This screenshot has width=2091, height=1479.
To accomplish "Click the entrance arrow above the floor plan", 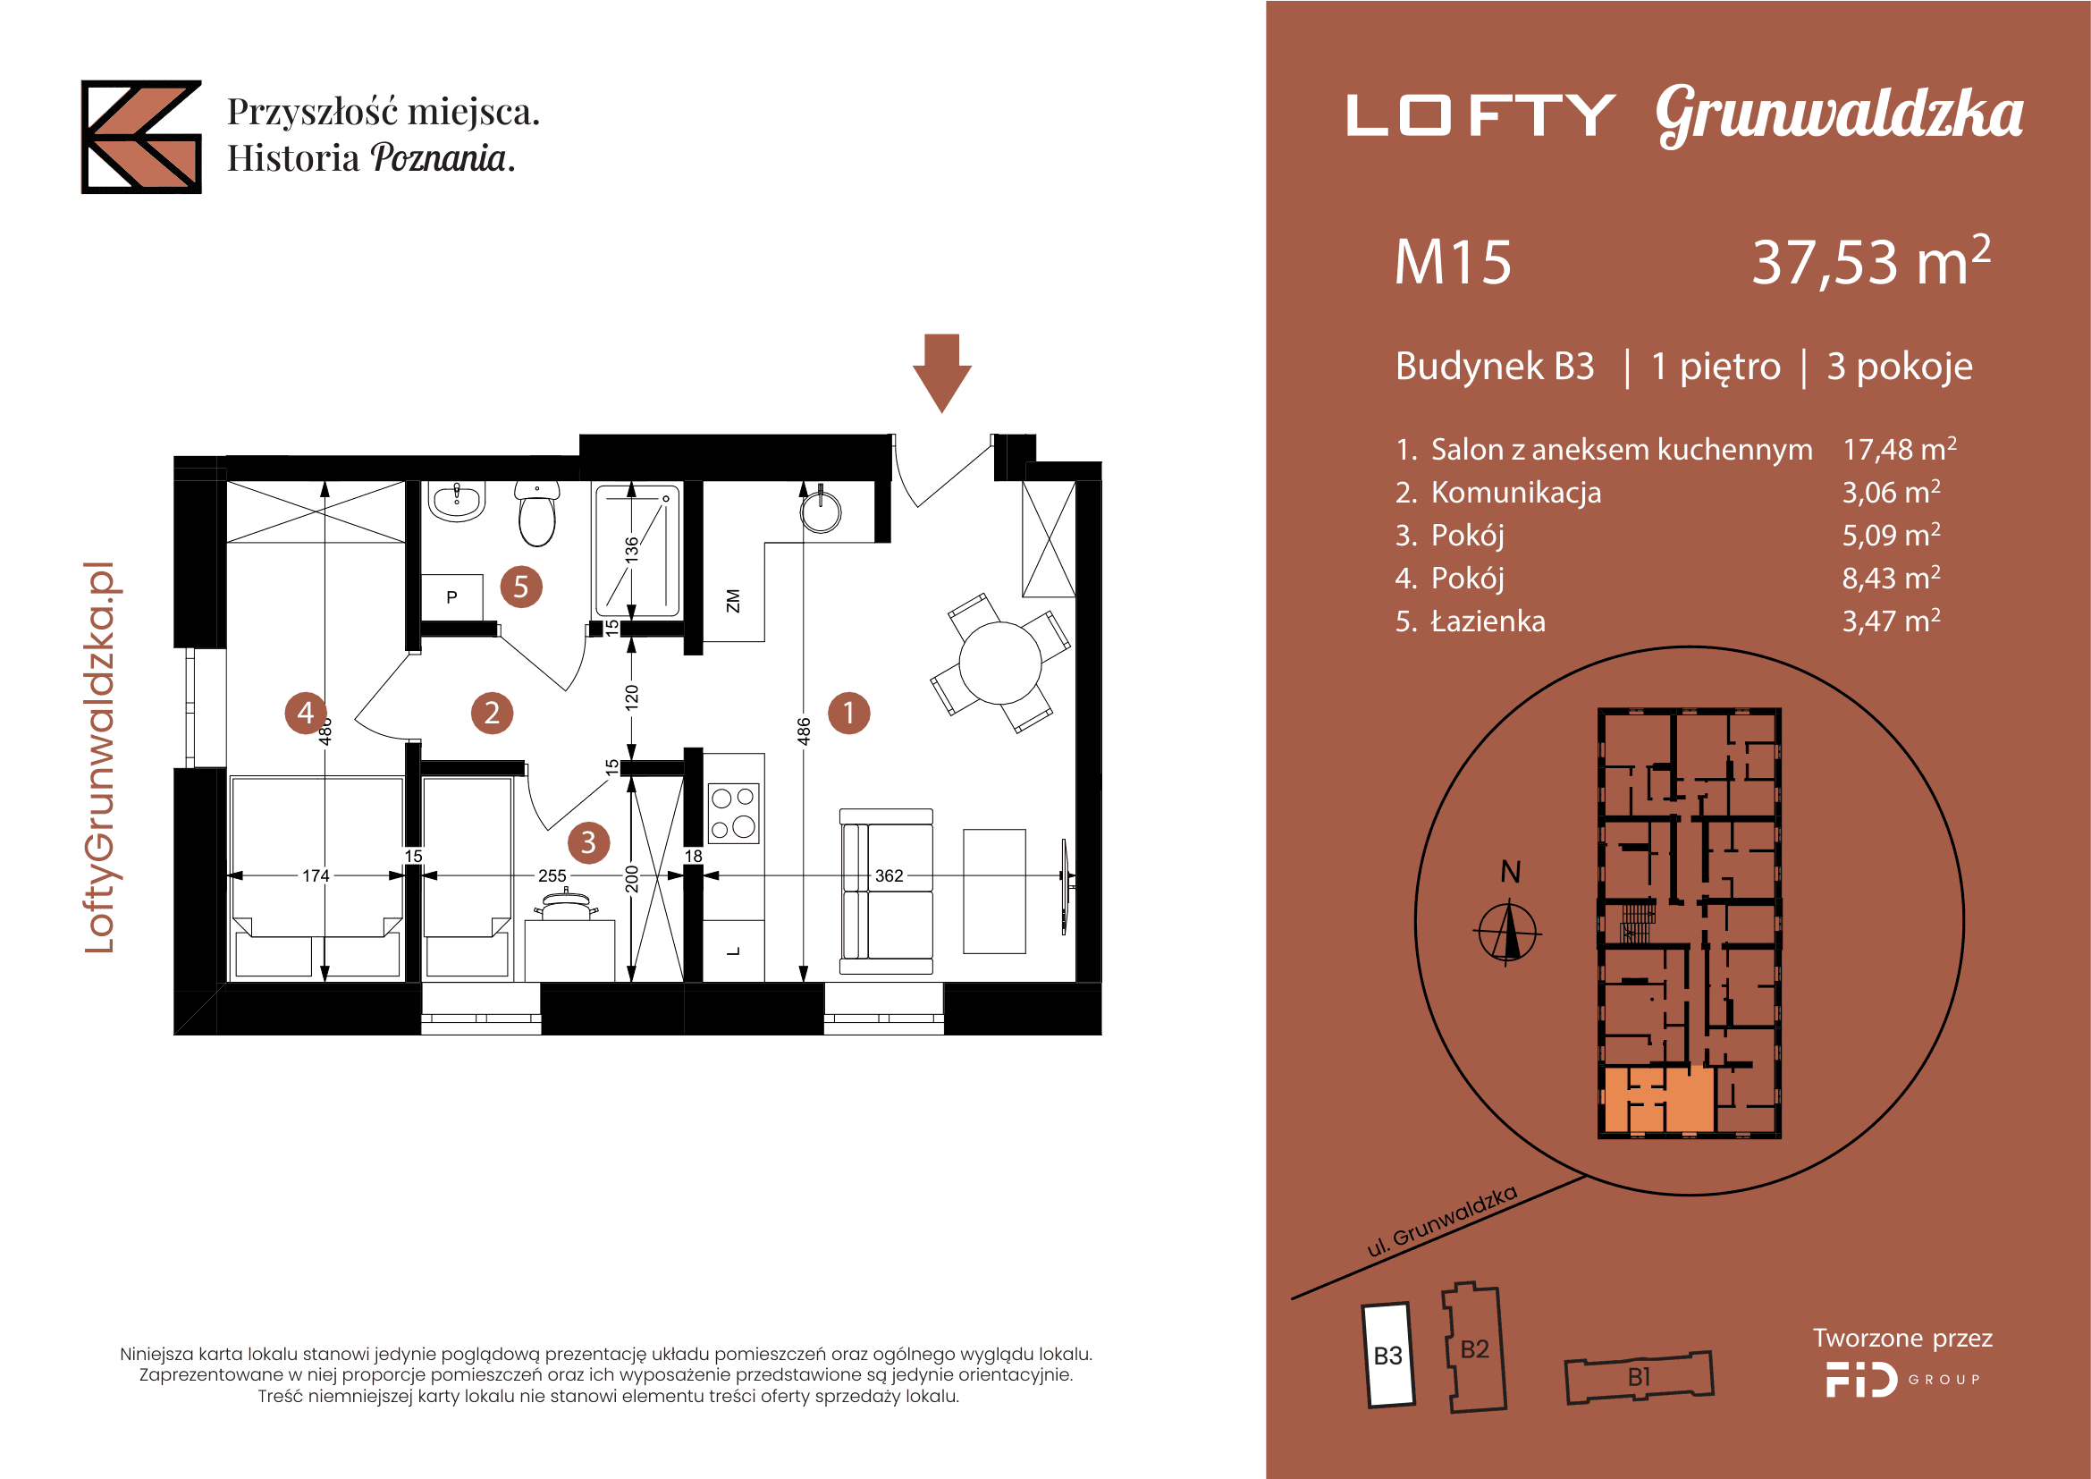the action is click(x=941, y=374).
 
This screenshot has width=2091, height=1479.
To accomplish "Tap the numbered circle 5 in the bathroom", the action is click(x=521, y=587).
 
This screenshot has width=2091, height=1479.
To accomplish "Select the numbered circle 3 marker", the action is click(x=588, y=842).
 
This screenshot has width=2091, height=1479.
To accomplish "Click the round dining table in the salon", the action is click(x=1000, y=662).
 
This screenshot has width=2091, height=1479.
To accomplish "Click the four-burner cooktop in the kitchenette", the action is click(x=734, y=812).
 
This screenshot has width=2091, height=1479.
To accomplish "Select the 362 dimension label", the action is click(x=889, y=876).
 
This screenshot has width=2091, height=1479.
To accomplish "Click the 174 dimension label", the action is click(x=316, y=876).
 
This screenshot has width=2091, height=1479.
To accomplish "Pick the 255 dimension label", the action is click(x=552, y=876).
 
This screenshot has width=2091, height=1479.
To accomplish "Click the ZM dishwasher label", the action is click(x=733, y=601).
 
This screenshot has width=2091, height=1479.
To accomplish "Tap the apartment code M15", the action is click(x=1453, y=262).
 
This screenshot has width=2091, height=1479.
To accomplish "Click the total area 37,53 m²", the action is click(x=1870, y=261).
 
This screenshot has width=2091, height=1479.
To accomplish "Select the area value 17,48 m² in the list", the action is click(x=1900, y=449).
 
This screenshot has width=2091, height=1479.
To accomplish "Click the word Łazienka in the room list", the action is click(x=1488, y=621).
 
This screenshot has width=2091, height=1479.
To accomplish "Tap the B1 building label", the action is click(x=1640, y=1377).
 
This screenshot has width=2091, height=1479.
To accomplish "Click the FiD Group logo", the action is click(x=1902, y=1379).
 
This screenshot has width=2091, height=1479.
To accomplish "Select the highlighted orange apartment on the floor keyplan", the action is click(x=1658, y=1099).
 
